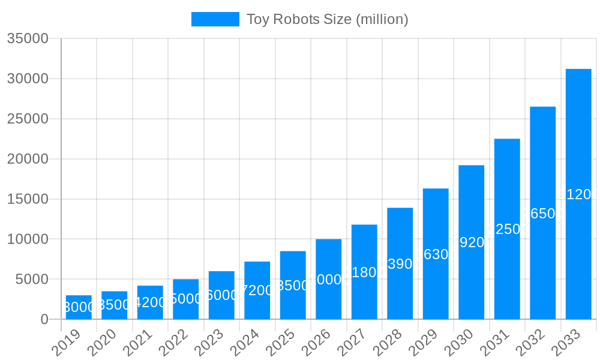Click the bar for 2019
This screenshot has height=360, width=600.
(79, 307)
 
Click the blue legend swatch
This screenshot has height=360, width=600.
(215, 19)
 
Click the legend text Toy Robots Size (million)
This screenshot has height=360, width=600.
(328, 19)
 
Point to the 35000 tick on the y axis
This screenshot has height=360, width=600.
(28, 38)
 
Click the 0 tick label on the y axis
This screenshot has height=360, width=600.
(44, 319)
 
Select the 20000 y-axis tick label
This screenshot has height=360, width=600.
(28, 159)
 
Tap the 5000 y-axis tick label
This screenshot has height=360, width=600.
(32, 279)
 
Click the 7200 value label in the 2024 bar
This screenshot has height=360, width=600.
(257, 290)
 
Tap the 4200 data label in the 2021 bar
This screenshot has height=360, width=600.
(150, 302)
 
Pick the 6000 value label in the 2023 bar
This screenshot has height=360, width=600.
(221, 295)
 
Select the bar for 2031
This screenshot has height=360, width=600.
(507, 229)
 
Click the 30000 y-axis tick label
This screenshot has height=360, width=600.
(28, 79)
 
